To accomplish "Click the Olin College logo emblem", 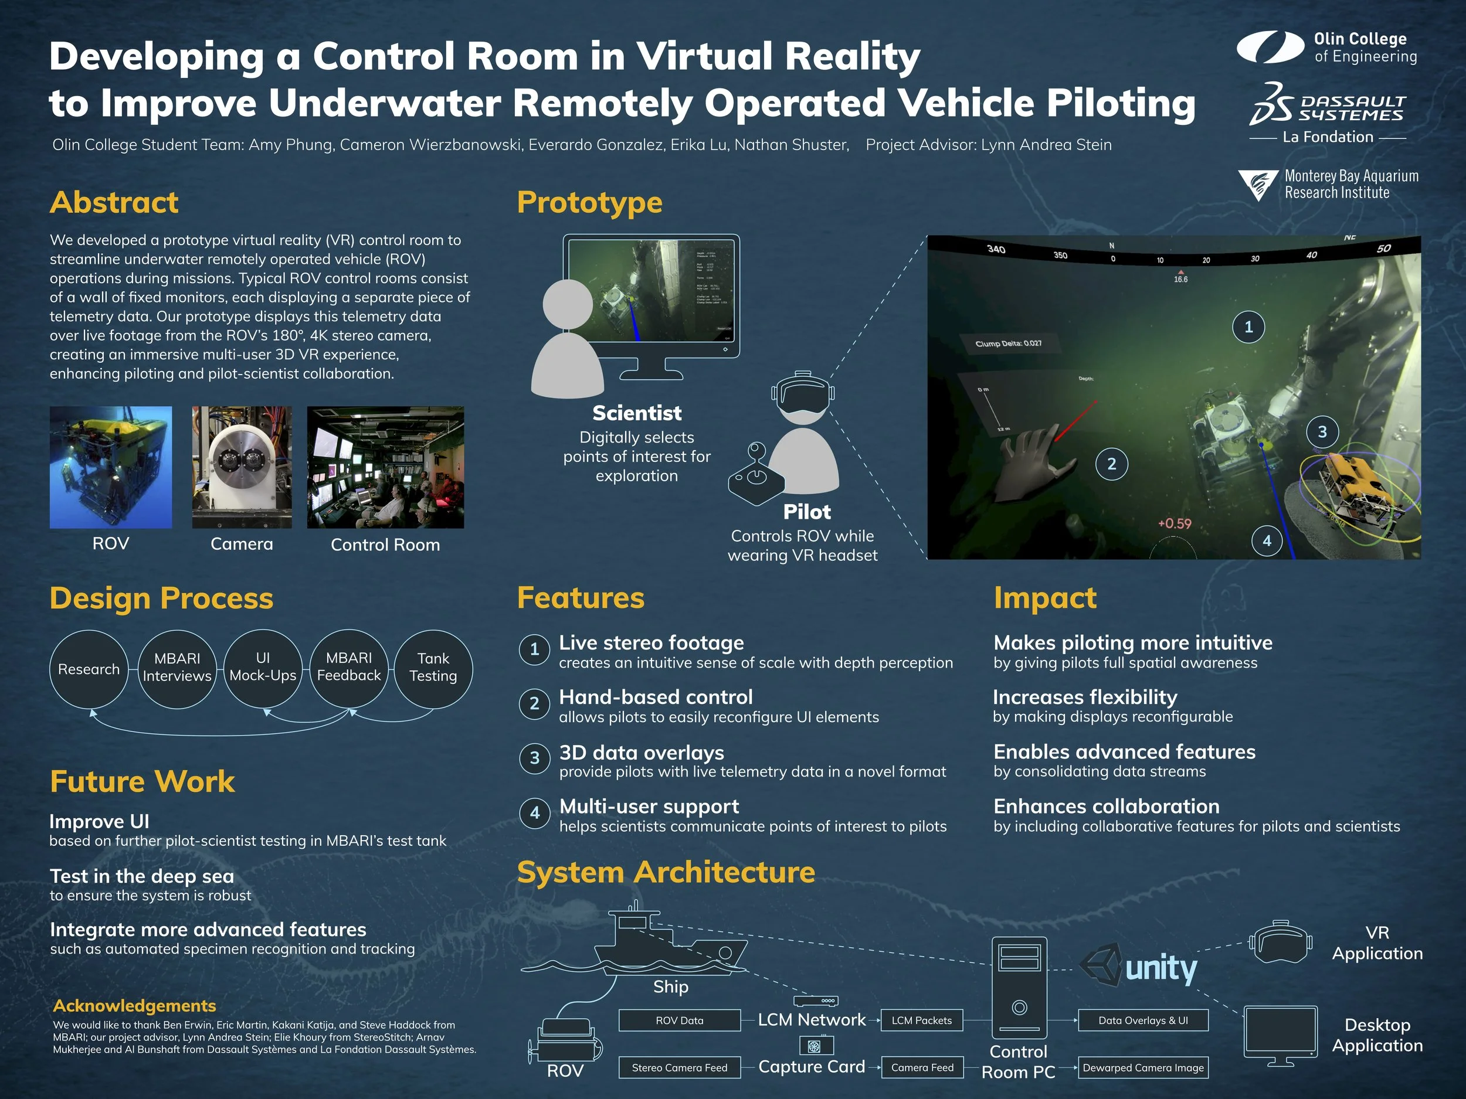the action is click(x=1270, y=47).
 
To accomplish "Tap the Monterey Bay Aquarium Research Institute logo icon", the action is click(x=1257, y=185).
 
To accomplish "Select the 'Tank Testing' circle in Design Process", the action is click(x=433, y=668).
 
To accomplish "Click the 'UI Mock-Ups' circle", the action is click(x=263, y=668).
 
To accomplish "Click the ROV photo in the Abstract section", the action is click(x=111, y=467).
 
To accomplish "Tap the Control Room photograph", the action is click(x=385, y=467).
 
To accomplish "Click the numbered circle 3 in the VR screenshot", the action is click(x=1322, y=432).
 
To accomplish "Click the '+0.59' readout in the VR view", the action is click(x=1175, y=523).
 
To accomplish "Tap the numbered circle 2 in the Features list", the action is click(x=534, y=703).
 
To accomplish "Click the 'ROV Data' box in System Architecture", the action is click(x=679, y=1020).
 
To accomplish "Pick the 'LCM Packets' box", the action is click(x=921, y=1020).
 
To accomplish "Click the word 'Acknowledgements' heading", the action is click(x=134, y=1006).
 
